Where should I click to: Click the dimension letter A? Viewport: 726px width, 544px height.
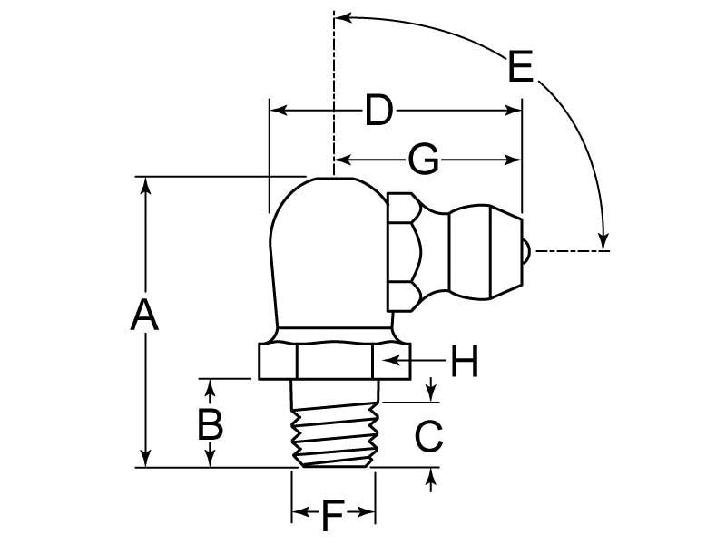(x=144, y=317)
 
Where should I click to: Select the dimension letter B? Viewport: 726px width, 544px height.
(x=211, y=423)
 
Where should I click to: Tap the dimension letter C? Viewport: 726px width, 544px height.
(x=428, y=436)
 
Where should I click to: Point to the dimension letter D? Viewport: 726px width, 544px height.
(x=379, y=112)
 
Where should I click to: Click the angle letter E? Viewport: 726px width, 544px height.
(x=520, y=68)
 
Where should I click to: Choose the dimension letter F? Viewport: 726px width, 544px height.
(x=333, y=517)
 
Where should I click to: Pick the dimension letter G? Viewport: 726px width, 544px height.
(x=423, y=160)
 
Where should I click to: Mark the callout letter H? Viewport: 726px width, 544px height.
(x=464, y=363)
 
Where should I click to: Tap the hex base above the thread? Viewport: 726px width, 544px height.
(x=333, y=361)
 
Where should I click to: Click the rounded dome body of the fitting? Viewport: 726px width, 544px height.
(x=322, y=254)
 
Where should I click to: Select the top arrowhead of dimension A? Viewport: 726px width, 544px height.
(x=145, y=184)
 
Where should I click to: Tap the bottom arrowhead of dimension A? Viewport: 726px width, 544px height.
(x=145, y=460)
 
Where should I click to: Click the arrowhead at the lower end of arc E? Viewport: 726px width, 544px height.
(x=603, y=239)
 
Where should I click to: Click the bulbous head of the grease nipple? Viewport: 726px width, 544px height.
(x=485, y=251)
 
